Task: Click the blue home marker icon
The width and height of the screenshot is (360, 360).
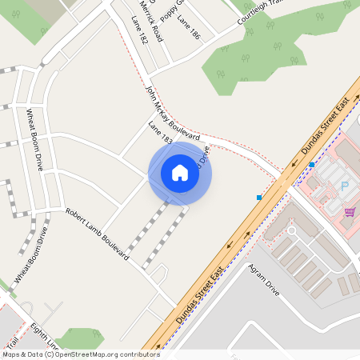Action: pos(180,173)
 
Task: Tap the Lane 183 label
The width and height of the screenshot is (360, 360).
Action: pos(161,134)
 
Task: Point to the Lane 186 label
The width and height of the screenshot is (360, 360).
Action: pos(188,28)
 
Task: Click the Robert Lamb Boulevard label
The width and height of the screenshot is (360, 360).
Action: pos(97,234)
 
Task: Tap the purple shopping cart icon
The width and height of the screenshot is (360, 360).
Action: pos(350,212)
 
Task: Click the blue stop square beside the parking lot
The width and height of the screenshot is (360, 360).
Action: pos(311,165)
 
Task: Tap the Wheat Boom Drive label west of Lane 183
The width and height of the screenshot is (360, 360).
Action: pos(34,140)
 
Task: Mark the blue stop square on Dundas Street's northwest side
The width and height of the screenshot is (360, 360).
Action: pos(259,197)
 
